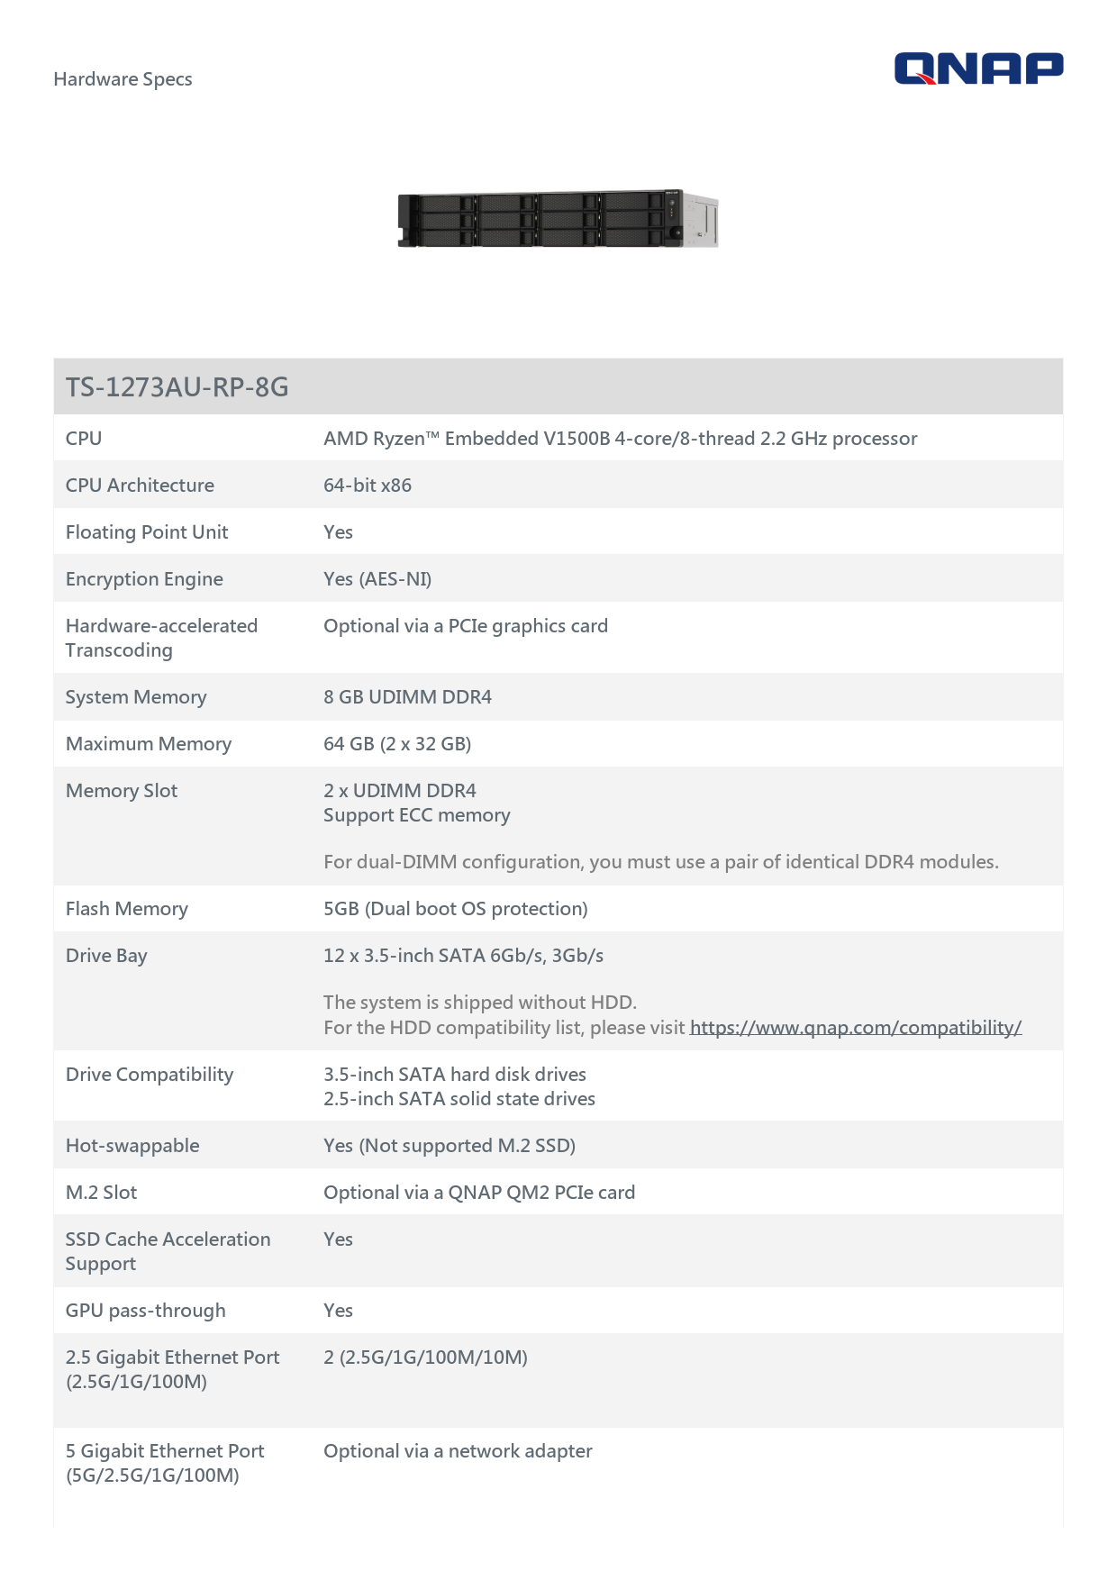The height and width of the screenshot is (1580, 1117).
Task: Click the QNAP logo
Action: click(978, 68)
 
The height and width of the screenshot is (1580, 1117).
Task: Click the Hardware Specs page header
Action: click(123, 79)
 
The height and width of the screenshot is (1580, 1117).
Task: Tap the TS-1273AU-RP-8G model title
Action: click(177, 387)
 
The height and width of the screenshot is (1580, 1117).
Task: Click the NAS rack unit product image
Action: click(558, 218)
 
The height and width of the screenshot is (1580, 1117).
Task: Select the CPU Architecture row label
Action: click(140, 486)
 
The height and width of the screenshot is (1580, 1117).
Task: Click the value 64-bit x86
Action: click(368, 486)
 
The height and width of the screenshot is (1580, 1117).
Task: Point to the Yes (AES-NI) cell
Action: click(377, 579)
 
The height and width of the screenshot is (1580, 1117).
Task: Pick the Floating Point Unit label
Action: click(147, 532)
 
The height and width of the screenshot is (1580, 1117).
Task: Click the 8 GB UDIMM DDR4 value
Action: click(407, 697)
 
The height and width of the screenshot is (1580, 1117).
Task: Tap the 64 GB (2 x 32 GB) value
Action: click(397, 744)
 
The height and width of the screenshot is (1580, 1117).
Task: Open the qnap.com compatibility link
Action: click(855, 1028)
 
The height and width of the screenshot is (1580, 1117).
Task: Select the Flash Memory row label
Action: click(127, 909)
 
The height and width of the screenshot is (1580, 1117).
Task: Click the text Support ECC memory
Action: click(417, 815)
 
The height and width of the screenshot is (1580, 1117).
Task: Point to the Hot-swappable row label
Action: click(132, 1146)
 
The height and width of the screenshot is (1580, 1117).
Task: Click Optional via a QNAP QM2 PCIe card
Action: click(479, 1193)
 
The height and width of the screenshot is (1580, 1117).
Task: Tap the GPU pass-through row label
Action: click(146, 1311)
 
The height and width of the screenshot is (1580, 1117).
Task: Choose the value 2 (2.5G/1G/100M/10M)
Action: click(425, 1358)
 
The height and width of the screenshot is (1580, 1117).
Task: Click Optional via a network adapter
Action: click(458, 1451)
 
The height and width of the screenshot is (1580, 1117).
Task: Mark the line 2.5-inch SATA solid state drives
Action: click(459, 1099)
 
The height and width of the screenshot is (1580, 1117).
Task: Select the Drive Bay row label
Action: click(106, 956)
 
